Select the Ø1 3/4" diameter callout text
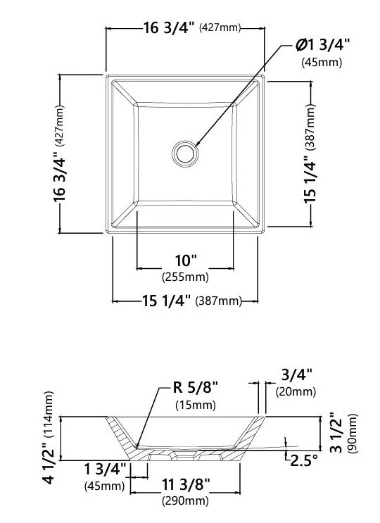tap(323, 44)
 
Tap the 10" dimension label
tap(186, 260)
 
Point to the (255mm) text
tap(185, 277)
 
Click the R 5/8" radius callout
tap(196, 388)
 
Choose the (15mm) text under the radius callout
tap(196, 405)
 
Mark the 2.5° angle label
tap(304, 460)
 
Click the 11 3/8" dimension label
tap(186, 484)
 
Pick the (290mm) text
tap(185, 500)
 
